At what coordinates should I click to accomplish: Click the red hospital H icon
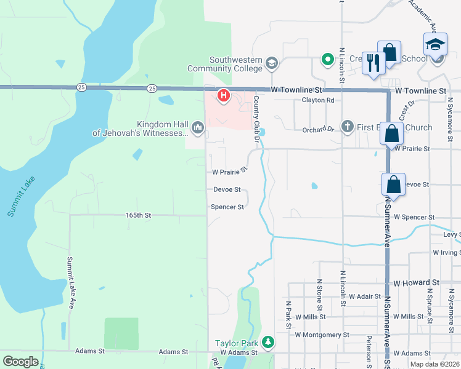click(224, 96)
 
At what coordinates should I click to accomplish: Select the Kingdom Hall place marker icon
click(198, 127)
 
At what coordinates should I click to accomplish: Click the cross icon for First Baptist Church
click(347, 127)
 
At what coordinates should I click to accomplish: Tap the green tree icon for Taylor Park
click(268, 341)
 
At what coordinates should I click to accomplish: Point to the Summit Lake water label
click(22, 196)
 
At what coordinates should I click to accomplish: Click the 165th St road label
click(138, 215)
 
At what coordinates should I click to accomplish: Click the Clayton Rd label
click(317, 100)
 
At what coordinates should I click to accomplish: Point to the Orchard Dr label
click(317, 130)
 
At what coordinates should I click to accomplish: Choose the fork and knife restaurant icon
click(373, 63)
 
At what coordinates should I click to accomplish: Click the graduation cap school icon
click(434, 44)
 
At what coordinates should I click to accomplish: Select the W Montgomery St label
click(322, 335)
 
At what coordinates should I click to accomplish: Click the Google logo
click(20, 362)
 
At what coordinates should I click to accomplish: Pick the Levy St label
click(452, 234)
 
